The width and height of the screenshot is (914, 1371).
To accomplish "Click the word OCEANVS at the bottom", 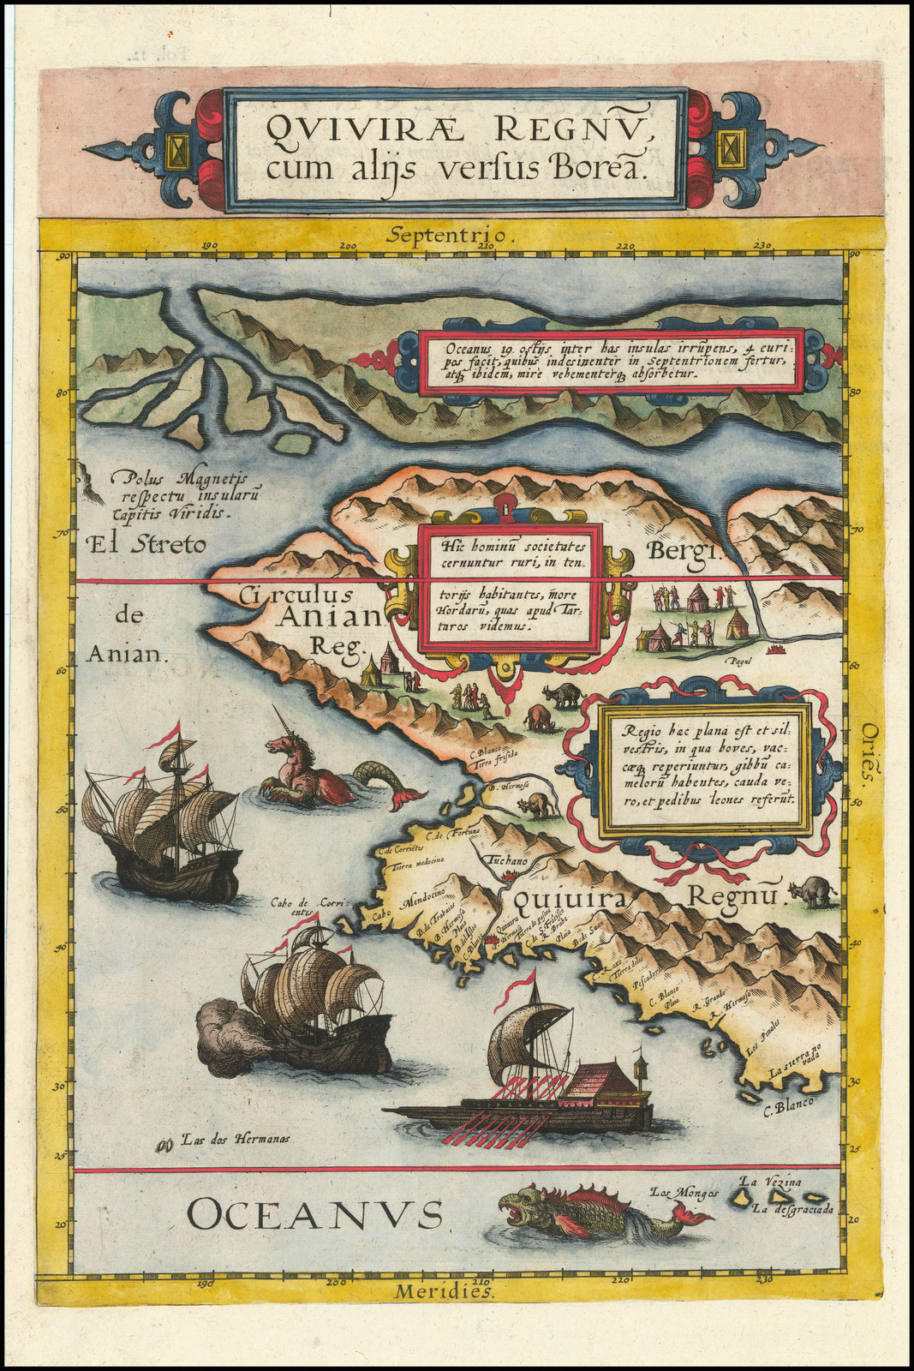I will [314, 1215].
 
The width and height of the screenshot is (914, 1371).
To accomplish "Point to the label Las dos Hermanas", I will [234, 1140].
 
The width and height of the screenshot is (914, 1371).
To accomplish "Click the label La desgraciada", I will [792, 1209].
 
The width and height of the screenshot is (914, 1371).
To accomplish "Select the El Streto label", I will [146, 544].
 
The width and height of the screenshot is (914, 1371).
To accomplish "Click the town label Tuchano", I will [506, 859].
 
